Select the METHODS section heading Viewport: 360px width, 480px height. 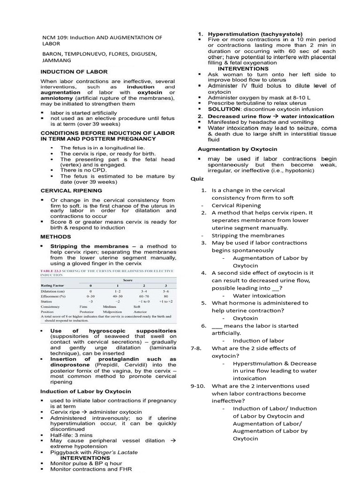point(56,237)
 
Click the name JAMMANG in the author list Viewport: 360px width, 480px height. point(55,60)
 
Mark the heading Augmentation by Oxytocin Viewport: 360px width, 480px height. point(237,149)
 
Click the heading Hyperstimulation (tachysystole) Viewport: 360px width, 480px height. point(255,34)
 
